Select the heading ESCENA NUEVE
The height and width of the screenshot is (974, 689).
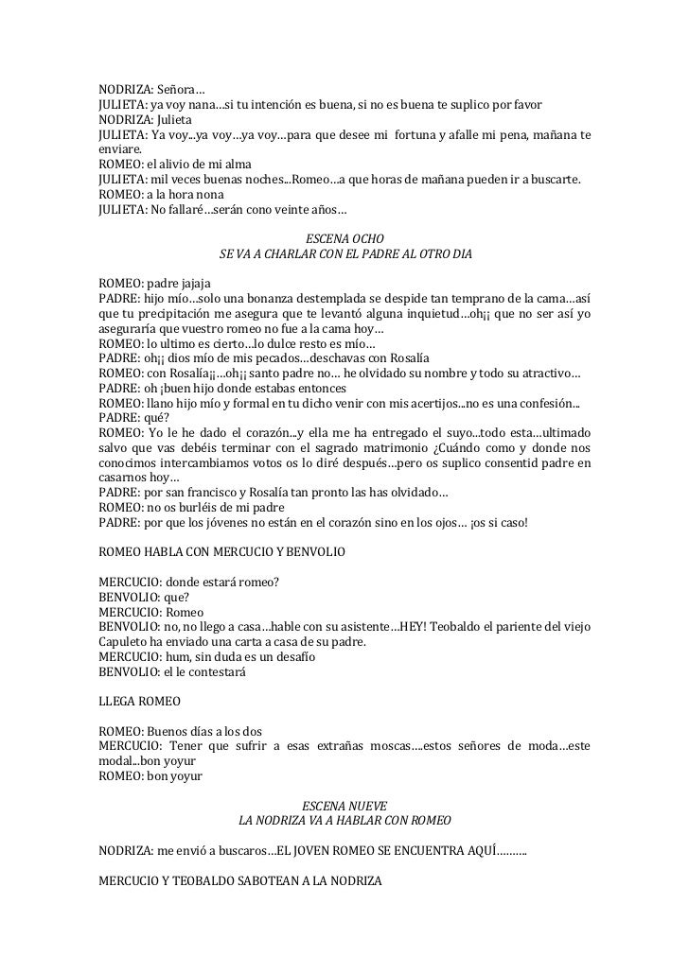tap(345, 805)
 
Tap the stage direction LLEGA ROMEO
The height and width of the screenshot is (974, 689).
tap(139, 703)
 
